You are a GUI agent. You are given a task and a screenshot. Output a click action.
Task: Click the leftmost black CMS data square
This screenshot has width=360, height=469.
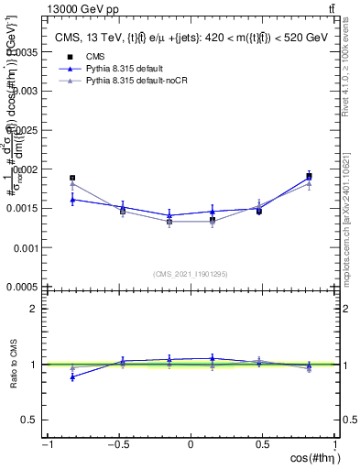[72, 178]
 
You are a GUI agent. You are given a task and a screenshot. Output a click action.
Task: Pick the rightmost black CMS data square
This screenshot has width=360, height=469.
[309, 176]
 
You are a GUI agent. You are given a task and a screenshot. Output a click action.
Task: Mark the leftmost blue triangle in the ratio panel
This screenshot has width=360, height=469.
[72, 376]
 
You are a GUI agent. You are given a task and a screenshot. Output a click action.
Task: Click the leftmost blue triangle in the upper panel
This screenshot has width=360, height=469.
[72, 199]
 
